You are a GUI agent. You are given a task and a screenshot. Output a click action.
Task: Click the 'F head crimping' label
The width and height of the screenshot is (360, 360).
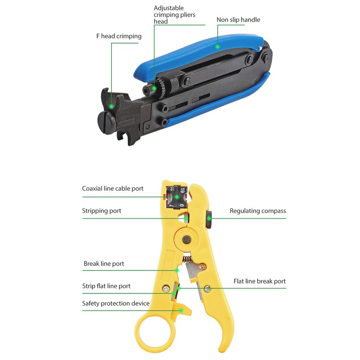tap(118, 36)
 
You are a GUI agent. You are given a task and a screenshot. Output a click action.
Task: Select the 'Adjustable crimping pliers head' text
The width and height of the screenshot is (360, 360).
tap(175, 15)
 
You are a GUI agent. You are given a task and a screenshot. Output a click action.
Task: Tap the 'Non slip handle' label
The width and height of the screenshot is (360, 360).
tap(238, 20)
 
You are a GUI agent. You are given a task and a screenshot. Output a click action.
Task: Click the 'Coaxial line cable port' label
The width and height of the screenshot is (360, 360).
tap(112, 189)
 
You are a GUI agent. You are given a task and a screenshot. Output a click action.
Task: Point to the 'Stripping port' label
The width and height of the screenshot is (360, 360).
tap(101, 211)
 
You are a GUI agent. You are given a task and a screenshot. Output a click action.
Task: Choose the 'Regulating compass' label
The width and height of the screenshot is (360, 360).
tap(257, 211)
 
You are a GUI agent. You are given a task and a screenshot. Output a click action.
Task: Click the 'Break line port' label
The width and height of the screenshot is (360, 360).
tap(103, 263)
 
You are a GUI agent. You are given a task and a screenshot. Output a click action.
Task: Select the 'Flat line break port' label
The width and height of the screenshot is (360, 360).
tap(259, 281)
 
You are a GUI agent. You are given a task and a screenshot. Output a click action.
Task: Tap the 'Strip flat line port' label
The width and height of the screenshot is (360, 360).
tap(106, 286)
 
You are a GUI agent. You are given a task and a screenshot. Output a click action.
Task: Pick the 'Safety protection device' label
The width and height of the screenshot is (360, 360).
tap(116, 303)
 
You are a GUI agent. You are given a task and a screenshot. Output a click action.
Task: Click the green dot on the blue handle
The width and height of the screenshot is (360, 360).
tap(217, 45)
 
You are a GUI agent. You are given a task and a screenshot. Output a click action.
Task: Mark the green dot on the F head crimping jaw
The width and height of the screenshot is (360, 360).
tap(111, 106)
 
